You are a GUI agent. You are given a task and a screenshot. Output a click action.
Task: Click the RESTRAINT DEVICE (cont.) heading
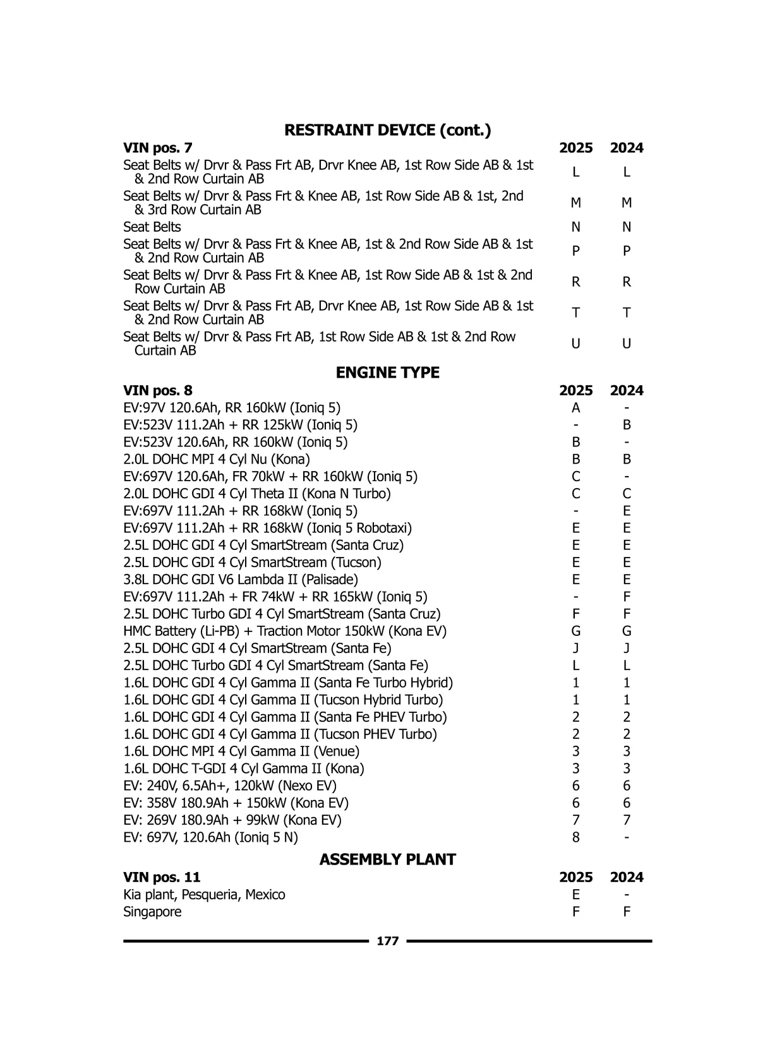(387, 131)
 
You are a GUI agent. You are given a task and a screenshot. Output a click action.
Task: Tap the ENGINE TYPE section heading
(387, 373)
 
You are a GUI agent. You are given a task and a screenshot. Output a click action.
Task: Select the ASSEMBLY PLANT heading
(387, 859)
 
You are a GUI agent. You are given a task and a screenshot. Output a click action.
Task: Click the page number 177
(387, 941)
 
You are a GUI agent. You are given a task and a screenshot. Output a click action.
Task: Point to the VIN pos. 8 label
(157, 390)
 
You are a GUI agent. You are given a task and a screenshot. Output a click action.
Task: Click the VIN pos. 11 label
(161, 877)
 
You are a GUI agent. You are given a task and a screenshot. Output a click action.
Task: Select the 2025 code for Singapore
(575, 912)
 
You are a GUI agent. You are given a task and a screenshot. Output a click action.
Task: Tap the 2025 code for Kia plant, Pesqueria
(575, 895)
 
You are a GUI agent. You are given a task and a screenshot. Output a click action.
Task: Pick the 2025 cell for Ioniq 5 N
(575, 837)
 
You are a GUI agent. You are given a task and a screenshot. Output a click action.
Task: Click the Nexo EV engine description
(230, 786)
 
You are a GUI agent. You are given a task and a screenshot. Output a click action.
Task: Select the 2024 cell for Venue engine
(626, 751)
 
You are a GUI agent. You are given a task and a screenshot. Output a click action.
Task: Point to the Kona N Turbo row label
(256, 494)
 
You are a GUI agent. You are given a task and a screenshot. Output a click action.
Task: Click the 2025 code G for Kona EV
(575, 631)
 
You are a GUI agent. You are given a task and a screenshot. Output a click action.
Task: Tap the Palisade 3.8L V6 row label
(240, 580)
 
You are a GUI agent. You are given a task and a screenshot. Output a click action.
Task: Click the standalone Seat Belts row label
(152, 227)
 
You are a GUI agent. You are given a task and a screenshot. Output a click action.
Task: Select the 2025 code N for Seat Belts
(575, 227)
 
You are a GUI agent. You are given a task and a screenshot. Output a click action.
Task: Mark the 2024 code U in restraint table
(626, 344)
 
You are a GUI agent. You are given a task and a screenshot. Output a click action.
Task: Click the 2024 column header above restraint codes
(626, 148)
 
